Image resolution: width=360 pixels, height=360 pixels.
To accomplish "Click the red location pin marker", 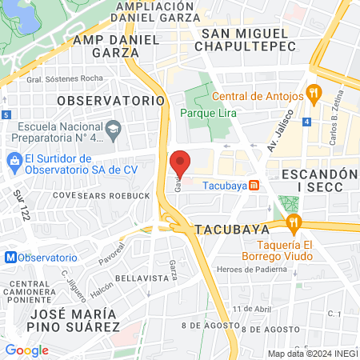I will click(x=181, y=162).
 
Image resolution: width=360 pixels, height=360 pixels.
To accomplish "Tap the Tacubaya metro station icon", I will click(x=254, y=185).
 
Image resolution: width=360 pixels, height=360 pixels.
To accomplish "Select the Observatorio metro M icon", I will click(x=10, y=258).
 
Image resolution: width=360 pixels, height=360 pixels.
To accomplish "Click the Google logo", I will click(x=26, y=350).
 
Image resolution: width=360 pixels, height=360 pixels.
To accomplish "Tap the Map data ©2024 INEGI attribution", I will click(x=311, y=354).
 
